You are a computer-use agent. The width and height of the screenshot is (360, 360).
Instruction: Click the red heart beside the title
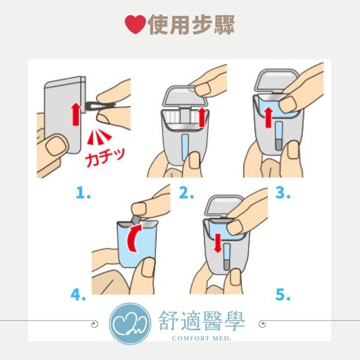[x=135, y=24]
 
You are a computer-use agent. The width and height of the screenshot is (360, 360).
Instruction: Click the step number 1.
[x=83, y=193]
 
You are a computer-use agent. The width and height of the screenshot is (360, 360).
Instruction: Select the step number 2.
[x=186, y=193]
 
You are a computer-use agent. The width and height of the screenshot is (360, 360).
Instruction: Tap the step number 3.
[x=282, y=193]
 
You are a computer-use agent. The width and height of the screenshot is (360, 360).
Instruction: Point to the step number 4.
[x=78, y=295]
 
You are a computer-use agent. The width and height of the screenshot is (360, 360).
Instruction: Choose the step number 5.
[x=283, y=295]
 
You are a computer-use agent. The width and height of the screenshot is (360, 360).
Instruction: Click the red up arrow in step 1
[x=76, y=114]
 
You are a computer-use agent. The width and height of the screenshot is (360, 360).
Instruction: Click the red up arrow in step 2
[x=202, y=117]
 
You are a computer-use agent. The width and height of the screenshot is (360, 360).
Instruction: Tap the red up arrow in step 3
[x=269, y=118]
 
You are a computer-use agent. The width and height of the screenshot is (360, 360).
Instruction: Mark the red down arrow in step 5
[x=218, y=244]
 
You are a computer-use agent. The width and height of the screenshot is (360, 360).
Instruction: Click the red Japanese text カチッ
[x=105, y=157]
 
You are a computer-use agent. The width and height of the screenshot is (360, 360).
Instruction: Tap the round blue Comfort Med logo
[x=130, y=323]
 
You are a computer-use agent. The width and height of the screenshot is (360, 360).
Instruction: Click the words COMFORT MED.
[x=201, y=338]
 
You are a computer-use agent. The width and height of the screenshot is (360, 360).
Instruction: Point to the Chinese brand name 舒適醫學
[x=201, y=321]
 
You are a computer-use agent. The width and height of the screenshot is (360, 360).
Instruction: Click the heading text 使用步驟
[x=191, y=25]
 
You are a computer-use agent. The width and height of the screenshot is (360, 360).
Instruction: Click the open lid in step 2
[x=185, y=96]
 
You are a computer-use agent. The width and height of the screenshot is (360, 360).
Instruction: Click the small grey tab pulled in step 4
[x=135, y=219]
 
